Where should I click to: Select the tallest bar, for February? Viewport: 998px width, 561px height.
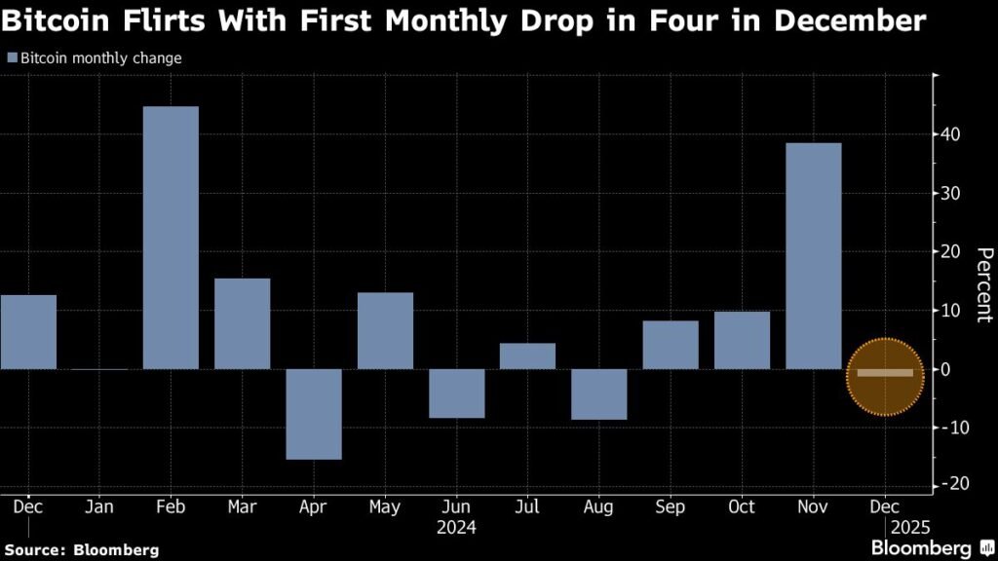pos(171,238)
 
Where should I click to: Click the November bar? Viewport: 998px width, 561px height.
pos(813,256)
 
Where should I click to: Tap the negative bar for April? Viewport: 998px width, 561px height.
pos(314,414)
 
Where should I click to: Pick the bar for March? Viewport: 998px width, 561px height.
pos(242,323)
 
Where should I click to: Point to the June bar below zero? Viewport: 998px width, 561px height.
pos(456,393)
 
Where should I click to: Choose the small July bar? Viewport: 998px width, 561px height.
pos(527,356)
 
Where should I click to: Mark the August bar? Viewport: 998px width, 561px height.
pos(599,394)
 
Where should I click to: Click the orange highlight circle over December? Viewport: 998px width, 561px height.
pos(884,377)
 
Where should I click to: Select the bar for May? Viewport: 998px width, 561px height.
pos(385,331)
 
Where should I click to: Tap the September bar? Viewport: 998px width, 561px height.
pos(671,345)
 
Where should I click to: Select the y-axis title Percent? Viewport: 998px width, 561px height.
pos(983,284)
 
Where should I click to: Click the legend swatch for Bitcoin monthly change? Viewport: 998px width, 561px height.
pos(12,58)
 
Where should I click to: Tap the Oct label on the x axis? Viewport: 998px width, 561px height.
pos(742,507)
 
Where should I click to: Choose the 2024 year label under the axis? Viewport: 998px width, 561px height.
pos(456,528)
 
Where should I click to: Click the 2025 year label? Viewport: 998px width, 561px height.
pos(904,528)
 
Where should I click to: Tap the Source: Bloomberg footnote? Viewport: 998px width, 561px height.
pos(82,550)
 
